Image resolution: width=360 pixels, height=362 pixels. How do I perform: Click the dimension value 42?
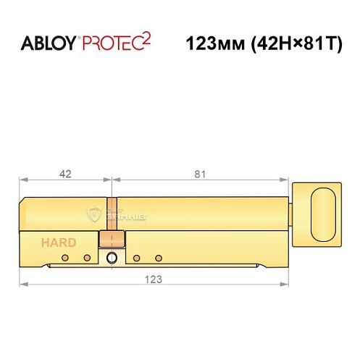coord(64,174)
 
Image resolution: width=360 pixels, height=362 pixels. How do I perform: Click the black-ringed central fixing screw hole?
coord(111,258)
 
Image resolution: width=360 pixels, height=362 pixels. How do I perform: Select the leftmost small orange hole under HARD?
coord(64,258)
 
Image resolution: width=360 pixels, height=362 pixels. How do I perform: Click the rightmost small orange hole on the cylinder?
coord(158,258)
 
